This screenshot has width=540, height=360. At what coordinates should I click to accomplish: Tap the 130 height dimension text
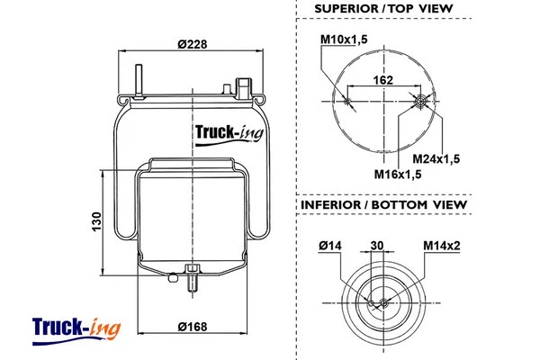(97, 220)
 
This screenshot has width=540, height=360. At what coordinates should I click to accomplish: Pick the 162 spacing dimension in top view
(383, 80)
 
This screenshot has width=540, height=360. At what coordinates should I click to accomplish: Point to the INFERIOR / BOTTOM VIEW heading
(383, 205)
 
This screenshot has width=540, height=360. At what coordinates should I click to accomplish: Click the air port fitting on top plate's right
(243, 87)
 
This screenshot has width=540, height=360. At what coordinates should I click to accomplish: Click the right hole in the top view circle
(420, 99)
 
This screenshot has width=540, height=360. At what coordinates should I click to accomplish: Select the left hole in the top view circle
(346, 99)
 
